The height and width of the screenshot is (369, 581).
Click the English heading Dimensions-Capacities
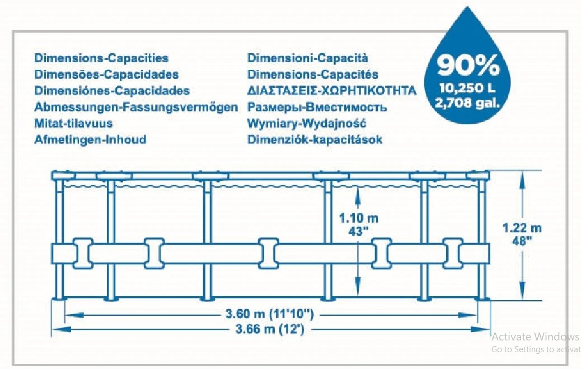click(x=101, y=58)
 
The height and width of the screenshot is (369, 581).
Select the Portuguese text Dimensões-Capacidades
click(x=107, y=74)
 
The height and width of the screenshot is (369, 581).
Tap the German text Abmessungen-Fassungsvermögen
click(x=136, y=107)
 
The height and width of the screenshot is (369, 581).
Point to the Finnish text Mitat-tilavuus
click(x=73, y=124)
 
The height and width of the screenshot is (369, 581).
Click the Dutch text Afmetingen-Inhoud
click(x=91, y=140)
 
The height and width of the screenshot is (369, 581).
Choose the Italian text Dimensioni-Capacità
click(x=308, y=58)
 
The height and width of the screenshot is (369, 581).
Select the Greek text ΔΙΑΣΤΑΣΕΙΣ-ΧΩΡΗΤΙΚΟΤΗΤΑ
click(x=332, y=91)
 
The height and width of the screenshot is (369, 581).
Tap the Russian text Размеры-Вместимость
click(x=317, y=107)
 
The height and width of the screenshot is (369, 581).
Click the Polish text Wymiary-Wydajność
click(x=307, y=124)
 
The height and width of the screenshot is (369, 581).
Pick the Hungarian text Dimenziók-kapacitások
click(x=315, y=140)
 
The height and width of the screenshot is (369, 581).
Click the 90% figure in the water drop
click(x=467, y=66)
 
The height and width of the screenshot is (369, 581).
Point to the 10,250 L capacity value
click(x=467, y=88)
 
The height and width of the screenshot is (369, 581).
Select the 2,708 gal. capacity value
click(x=467, y=102)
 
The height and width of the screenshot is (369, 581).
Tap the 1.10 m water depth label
click(x=359, y=218)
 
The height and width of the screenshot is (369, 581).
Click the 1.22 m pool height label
click(x=522, y=227)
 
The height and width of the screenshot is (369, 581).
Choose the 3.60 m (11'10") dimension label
click(x=270, y=315)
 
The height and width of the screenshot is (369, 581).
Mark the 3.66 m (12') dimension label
click(x=270, y=329)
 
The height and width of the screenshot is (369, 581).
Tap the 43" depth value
click(x=359, y=232)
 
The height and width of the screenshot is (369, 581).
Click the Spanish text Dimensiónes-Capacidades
click(x=112, y=91)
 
